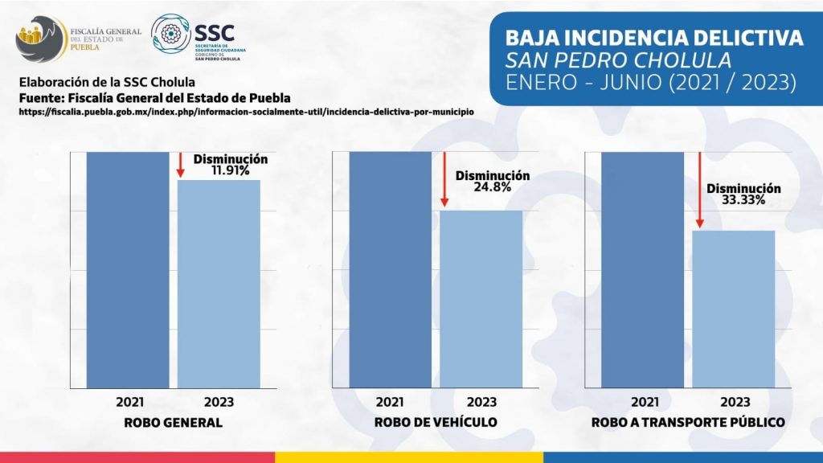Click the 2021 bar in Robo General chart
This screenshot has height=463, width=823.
(128, 269)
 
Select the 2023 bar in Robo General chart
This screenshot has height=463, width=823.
(219, 283)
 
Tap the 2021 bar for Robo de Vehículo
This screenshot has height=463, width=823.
(390, 269)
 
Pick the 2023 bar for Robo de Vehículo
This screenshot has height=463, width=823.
(481, 298)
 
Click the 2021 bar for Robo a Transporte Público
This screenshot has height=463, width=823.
(642, 269)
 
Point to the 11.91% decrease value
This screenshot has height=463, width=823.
(231, 170)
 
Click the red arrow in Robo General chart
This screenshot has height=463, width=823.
(181, 165)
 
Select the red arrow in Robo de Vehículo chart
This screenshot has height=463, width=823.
(443, 180)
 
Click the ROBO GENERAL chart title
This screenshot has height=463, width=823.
(173, 422)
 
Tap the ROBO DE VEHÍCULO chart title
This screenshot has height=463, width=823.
(436, 422)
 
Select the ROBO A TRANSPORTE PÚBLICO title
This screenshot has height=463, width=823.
(687, 422)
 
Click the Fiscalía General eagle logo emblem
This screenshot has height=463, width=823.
(40, 39)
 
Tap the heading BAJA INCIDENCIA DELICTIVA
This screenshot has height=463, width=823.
(653, 38)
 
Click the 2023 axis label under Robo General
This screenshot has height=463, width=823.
(219, 401)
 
